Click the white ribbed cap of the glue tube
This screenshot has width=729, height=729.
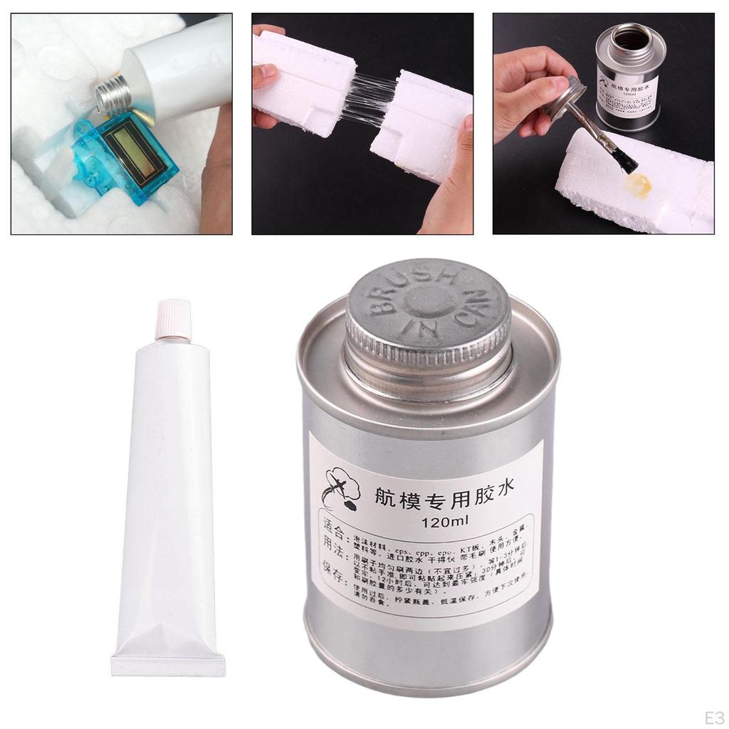(x=173, y=320)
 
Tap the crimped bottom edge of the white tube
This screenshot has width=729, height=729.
(x=168, y=665)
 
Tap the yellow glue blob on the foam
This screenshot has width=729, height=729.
(x=637, y=186)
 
